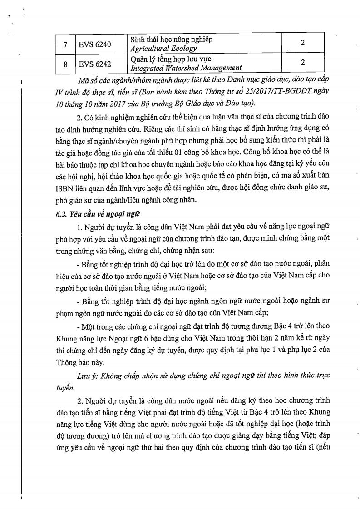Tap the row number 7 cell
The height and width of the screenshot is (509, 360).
coord(65,44)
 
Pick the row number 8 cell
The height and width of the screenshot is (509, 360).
coord(65,64)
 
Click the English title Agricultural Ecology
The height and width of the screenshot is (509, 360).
coord(163,49)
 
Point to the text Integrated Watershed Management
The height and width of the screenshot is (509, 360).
coord(186,69)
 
